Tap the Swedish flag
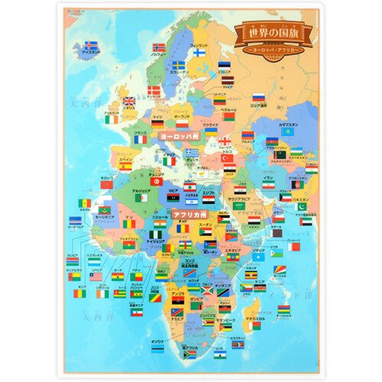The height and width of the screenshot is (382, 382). pyautogui.click(x=178, y=66)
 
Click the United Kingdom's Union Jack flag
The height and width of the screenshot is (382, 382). pyautogui.click(x=129, y=100)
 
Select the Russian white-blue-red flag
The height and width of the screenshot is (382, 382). pyautogui.click(x=258, y=97)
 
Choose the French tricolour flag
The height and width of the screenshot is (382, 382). pyautogui.click(x=141, y=139)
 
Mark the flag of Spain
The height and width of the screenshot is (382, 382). pyautogui.click(x=125, y=165)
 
